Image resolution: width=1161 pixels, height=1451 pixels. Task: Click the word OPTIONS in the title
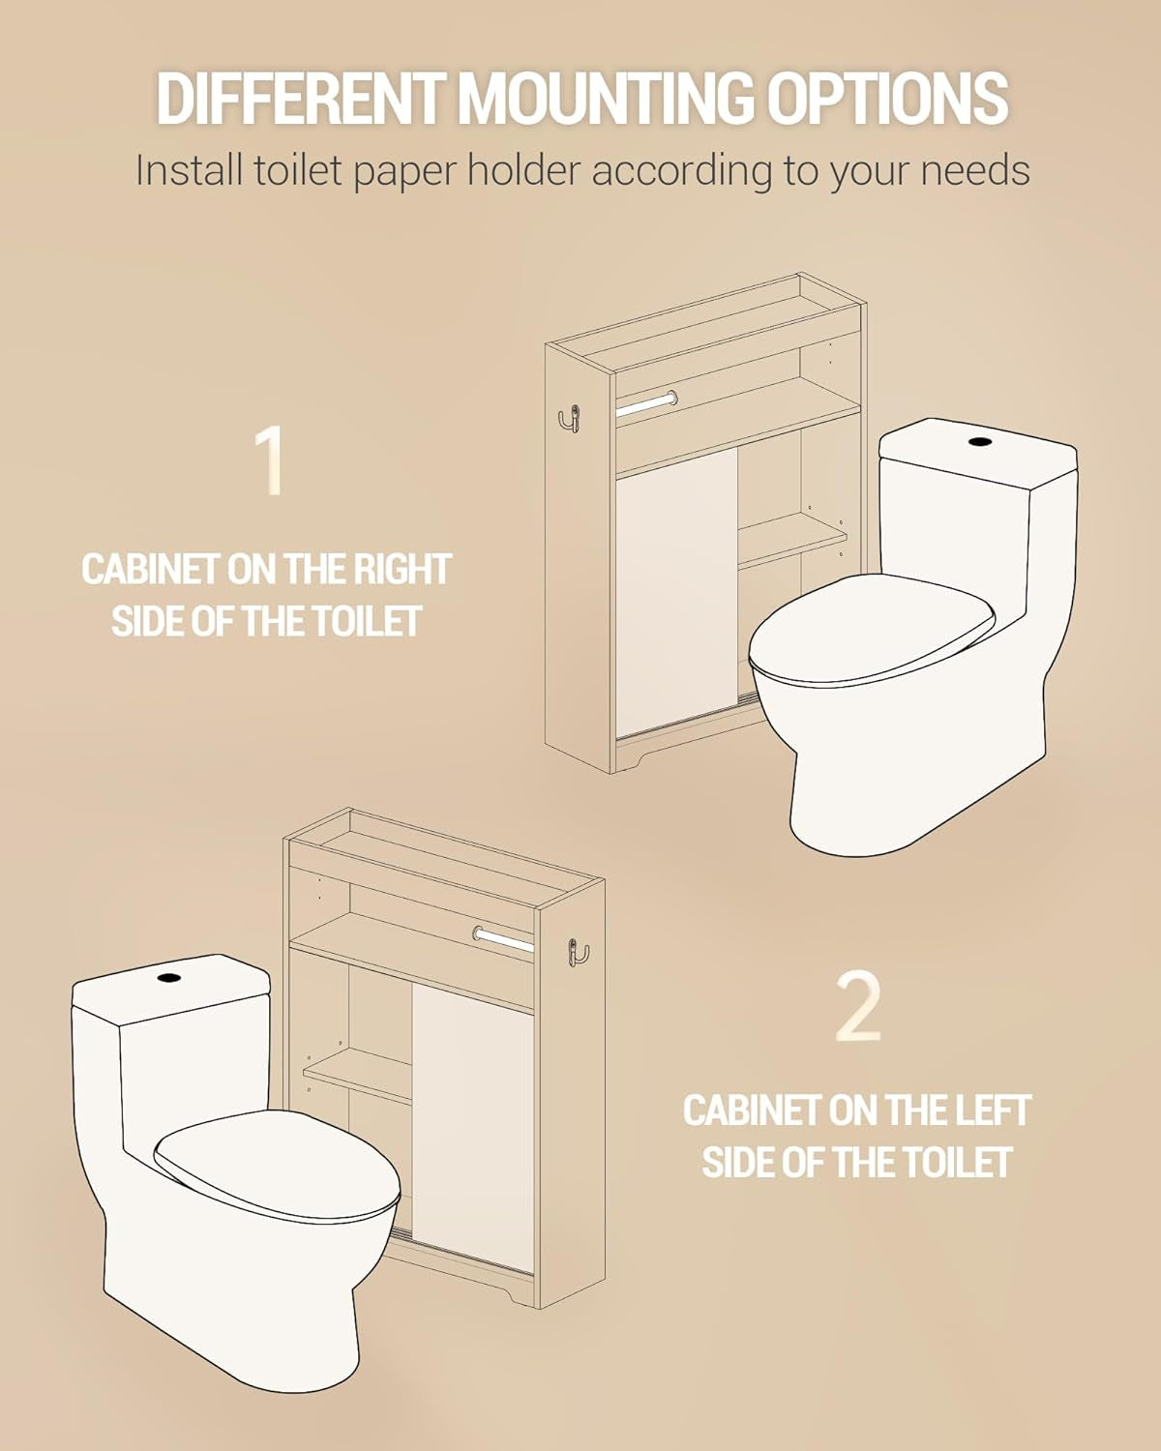887,98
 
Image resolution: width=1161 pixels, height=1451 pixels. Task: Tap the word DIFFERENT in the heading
299,98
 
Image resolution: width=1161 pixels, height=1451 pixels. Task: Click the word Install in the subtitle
188,171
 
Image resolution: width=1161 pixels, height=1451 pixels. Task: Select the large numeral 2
858,1008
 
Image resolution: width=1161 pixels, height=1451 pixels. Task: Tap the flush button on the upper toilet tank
980,442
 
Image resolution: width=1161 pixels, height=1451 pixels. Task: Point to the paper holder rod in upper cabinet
646,400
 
